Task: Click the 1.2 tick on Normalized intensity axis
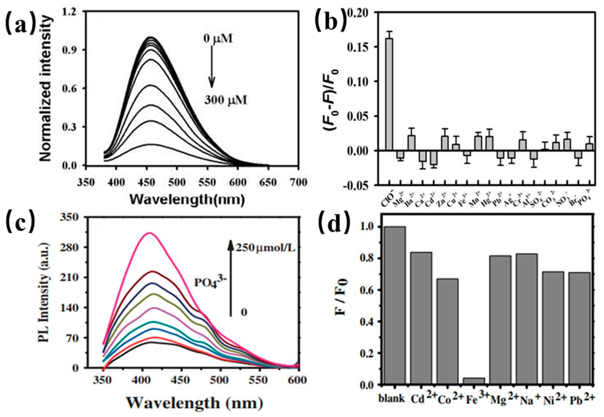pos(71,12)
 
